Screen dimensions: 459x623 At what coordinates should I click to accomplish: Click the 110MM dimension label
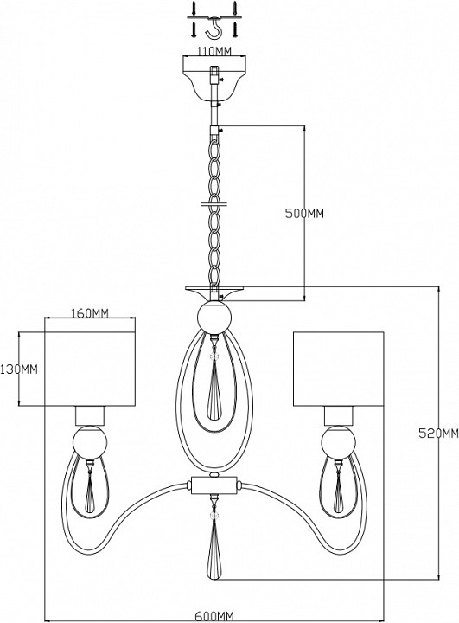pos(214,52)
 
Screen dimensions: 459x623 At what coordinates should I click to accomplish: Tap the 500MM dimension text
pos(304,214)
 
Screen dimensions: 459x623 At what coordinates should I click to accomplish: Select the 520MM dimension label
pos(439,434)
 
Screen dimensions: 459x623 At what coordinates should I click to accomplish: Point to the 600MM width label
pos(214,616)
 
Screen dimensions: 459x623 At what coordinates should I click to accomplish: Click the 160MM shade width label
pos(90,313)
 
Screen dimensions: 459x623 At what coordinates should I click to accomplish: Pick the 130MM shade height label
pos(19,369)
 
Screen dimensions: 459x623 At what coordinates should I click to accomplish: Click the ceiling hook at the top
pos(214,27)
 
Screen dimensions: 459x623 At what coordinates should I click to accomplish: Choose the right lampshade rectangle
pos(338,369)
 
